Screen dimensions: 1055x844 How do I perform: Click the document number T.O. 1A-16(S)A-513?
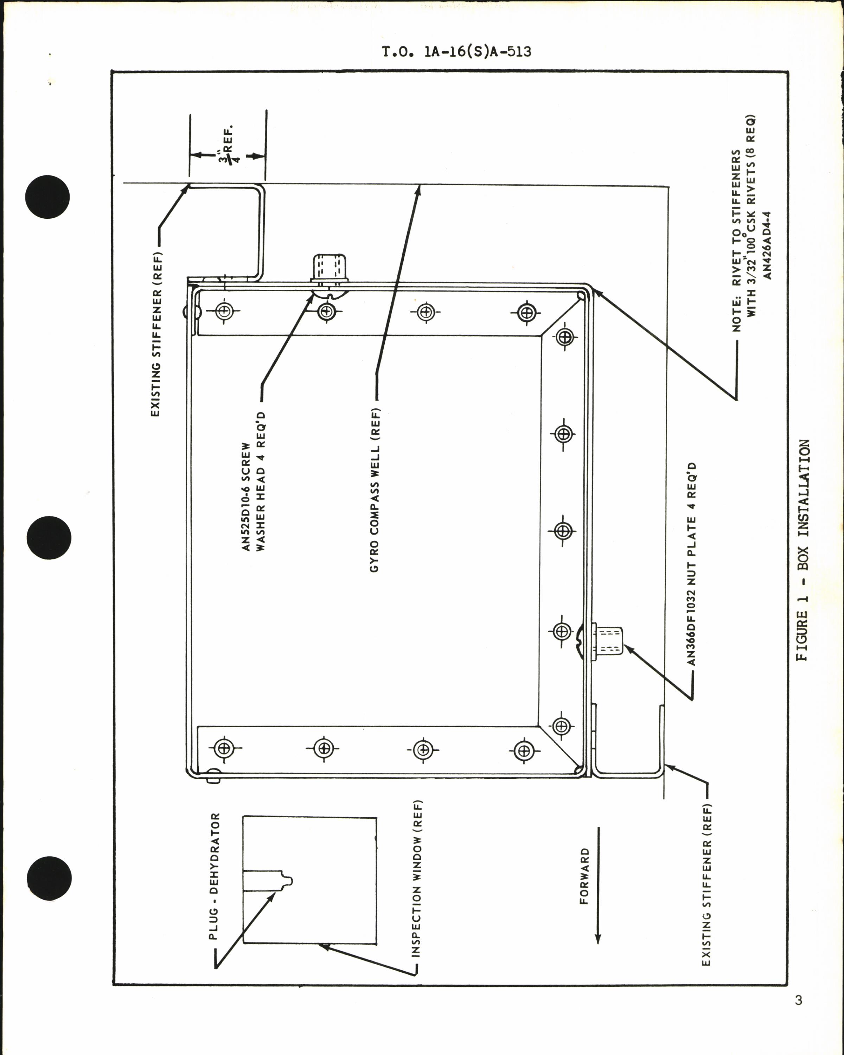point(456,51)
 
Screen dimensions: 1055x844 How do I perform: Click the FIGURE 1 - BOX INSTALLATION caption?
point(803,550)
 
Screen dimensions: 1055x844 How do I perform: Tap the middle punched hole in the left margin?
point(47,537)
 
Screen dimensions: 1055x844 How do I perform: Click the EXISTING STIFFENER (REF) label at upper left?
point(155,334)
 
